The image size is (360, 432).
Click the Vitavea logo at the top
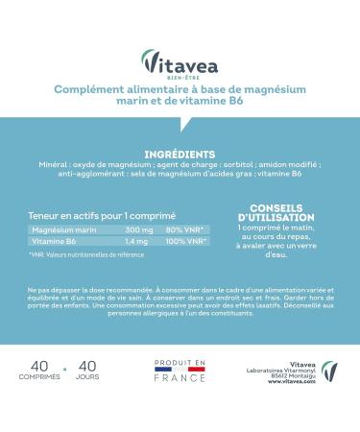click(180, 60)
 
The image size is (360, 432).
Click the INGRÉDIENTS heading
click(180, 154)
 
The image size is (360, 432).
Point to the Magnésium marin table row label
click(64, 230)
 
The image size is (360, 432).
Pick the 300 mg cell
click(136, 230)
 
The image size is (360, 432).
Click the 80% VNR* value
click(182, 230)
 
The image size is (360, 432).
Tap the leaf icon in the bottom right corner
click(329, 372)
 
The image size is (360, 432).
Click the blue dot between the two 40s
click(64, 367)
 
